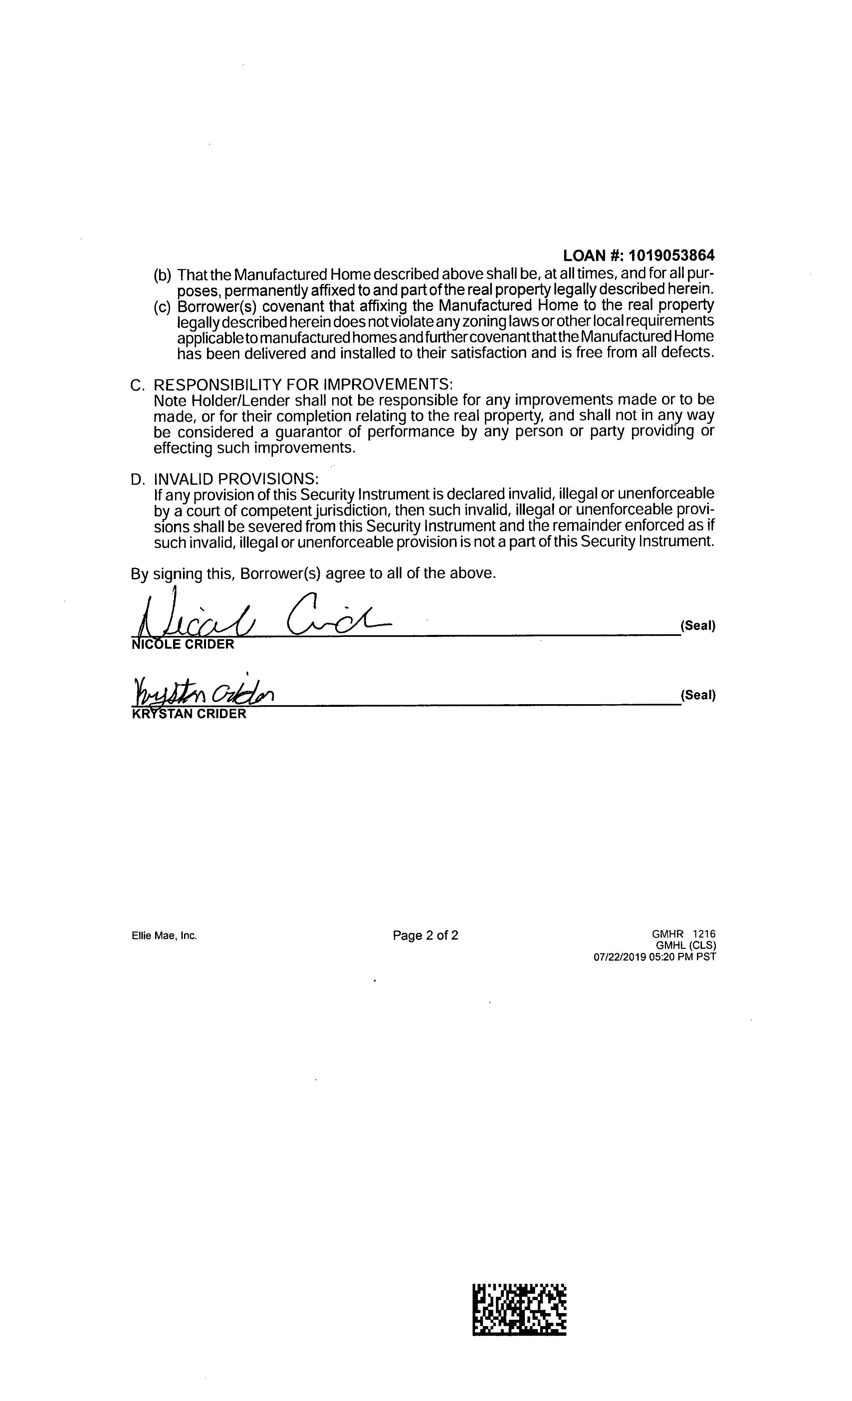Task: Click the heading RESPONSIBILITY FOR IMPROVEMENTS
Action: click(303, 384)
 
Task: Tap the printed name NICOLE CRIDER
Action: click(182, 644)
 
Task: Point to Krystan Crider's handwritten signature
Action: click(203, 692)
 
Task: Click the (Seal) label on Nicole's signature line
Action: click(697, 626)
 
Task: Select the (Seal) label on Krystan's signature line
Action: click(697, 695)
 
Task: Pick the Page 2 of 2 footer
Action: click(425, 935)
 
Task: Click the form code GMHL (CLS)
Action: click(686, 946)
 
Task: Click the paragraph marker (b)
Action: click(162, 275)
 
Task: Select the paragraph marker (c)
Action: click(162, 307)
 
